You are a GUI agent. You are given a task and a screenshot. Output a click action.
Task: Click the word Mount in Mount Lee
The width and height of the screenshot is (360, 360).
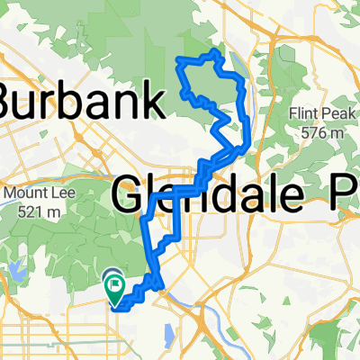pos(23,193)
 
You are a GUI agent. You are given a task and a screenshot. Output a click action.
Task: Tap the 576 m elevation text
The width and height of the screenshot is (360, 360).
pos(323,132)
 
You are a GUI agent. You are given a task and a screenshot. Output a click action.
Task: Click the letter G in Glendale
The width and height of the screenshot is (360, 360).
pos(130,193)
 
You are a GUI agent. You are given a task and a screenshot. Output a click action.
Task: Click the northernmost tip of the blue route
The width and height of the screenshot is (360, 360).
pos(214,53)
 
